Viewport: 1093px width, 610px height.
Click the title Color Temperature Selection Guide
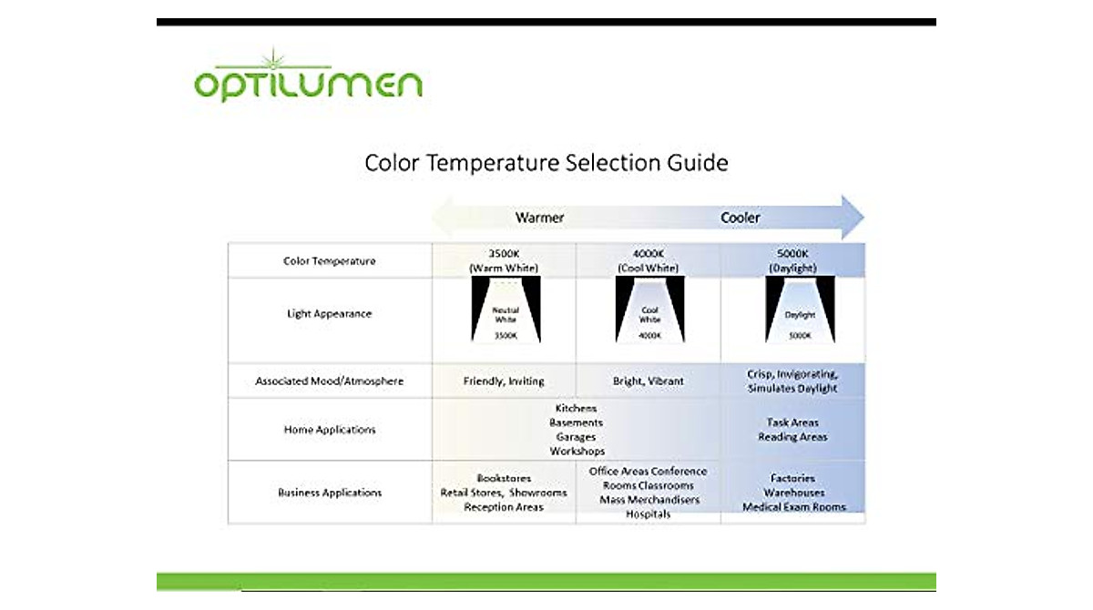coord(546,163)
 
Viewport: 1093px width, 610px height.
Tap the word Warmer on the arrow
coord(539,218)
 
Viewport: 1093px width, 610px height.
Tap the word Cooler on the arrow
coord(740,218)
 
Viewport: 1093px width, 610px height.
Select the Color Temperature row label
coord(329,261)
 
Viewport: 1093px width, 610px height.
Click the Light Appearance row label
coord(329,314)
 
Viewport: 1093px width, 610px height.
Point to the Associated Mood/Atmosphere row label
coord(329,381)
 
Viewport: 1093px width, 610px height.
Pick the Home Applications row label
coord(329,430)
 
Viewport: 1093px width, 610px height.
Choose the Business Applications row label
coord(329,493)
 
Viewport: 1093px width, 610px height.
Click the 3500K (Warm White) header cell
coord(504,261)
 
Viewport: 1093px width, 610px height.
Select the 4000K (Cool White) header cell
coord(649,261)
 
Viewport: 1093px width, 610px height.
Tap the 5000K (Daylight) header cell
coord(792,261)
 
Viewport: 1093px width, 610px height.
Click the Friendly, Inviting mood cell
coord(504,381)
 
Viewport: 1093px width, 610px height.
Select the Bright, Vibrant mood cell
coord(649,381)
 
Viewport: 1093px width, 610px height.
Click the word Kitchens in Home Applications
coord(576,409)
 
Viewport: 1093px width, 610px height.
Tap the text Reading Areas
coord(792,437)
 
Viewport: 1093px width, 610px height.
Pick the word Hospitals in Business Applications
coord(648,514)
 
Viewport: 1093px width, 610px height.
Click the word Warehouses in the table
coord(793,493)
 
